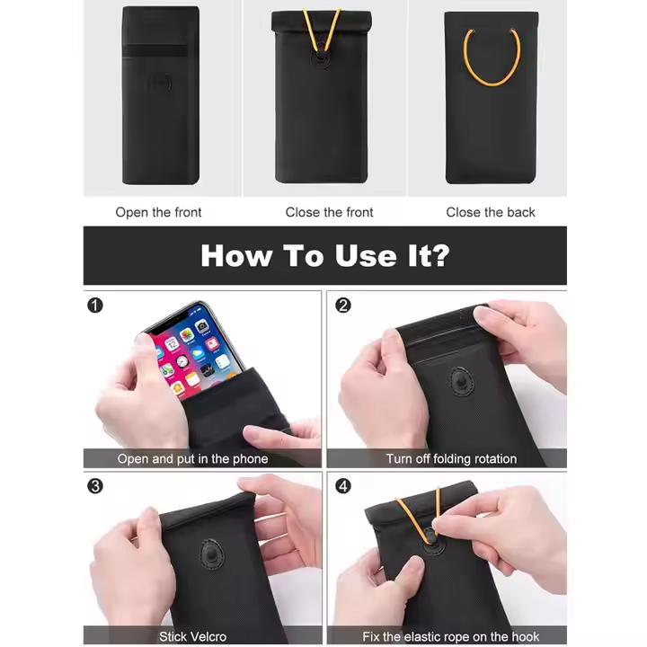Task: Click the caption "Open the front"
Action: [x=158, y=212]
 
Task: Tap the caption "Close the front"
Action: [x=329, y=212]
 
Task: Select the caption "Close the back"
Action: [x=491, y=212]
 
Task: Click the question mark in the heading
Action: [x=439, y=255]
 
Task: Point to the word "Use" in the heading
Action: [x=366, y=256]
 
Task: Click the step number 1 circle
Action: [x=95, y=306]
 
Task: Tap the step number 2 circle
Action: [x=343, y=306]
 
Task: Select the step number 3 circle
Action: [x=95, y=486]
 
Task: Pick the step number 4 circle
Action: [x=343, y=486]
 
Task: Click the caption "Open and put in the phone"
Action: [x=192, y=459]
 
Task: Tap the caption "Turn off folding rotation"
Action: [x=451, y=459]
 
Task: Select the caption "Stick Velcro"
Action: [x=192, y=637]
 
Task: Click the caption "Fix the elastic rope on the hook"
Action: [x=451, y=637]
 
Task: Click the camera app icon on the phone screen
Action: [x=202, y=327]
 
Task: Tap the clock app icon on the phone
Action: [x=182, y=362]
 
